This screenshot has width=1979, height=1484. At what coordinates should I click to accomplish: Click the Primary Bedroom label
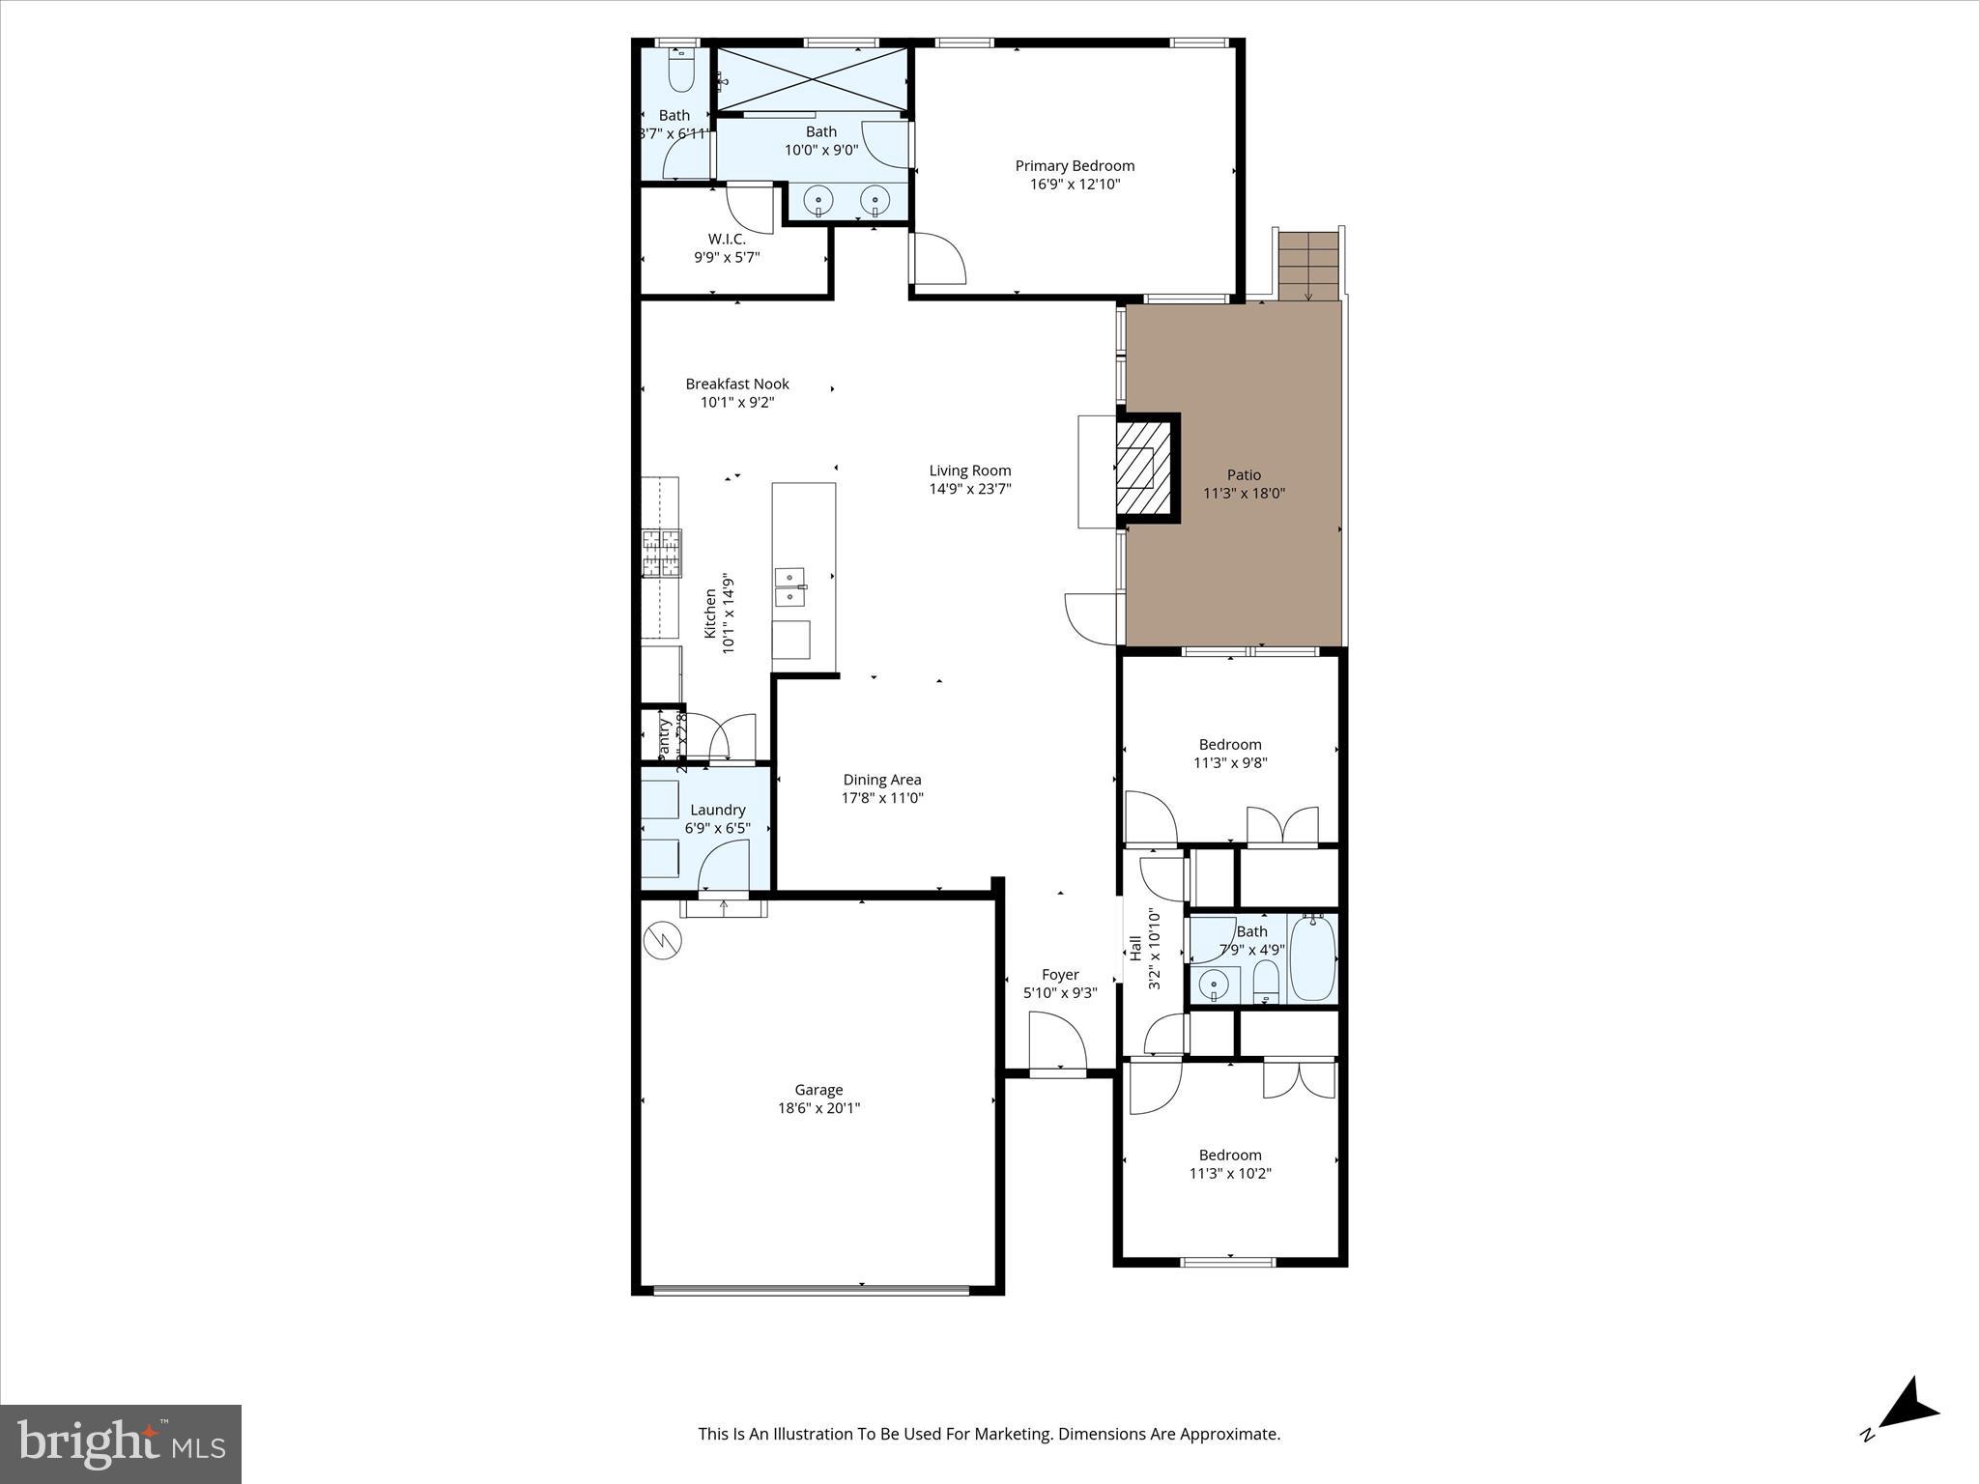pos(1075,166)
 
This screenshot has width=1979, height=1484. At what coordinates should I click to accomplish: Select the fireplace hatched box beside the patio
pos(1143,469)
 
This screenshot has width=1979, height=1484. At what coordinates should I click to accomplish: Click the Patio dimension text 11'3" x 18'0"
pos(1244,494)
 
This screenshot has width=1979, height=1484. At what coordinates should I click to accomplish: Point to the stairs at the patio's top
pos(1308,266)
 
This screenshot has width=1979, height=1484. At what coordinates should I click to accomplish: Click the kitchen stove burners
pos(662,553)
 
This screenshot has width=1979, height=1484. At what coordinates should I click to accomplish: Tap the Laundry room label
pos(717,810)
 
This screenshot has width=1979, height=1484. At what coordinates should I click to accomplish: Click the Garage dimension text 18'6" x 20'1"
pos(818,1108)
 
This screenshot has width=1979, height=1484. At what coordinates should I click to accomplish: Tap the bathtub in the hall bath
pos(1312,958)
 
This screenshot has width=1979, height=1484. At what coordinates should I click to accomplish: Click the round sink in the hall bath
pos(1214,985)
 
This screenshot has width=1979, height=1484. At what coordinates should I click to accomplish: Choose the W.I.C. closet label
pos(727,239)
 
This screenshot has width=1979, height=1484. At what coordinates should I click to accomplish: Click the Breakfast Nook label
pos(737,384)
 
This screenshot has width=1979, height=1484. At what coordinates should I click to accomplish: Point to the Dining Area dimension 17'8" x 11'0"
pos(882,798)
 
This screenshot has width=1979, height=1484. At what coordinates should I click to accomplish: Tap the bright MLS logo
pos(121,1443)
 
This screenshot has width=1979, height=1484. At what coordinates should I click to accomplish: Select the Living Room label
pos(970,471)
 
